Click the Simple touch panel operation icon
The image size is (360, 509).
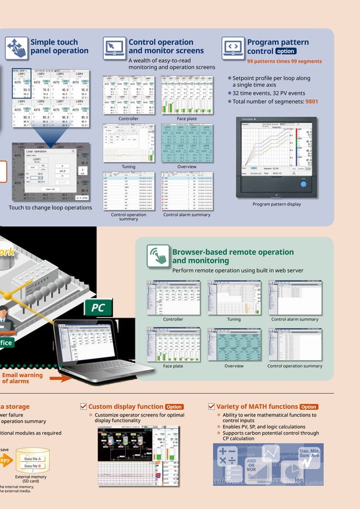pyautogui.click(x=16, y=48)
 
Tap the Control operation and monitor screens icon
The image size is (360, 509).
pyautogui.click(x=115, y=48)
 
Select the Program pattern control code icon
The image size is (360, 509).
pyautogui.click(x=233, y=48)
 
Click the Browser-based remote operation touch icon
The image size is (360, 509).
pyautogui.click(x=159, y=256)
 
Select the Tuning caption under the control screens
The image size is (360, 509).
pyautogui.click(x=128, y=166)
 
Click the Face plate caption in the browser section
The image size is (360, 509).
pyautogui.click(x=173, y=366)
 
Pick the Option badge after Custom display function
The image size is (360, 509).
pyautogui.click(x=174, y=407)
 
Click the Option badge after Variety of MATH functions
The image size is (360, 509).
pyautogui.click(x=309, y=407)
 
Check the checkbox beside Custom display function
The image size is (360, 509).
pyautogui.click(x=84, y=406)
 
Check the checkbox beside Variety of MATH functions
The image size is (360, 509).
pyautogui.click(x=212, y=406)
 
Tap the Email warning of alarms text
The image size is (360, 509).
pyautogui.click(x=22, y=378)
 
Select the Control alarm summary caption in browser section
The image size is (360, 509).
pyautogui.click(x=295, y=319)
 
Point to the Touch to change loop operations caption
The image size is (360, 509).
pyautogui.click(x=50, y=208)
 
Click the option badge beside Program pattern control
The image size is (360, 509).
pyautogui.click(x=286, y=51)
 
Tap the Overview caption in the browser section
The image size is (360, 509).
pyautogui.click(x=234, y=366)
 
